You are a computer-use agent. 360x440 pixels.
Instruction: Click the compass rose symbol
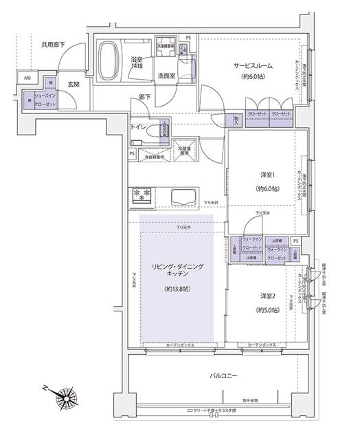pyautogui.click(x=67, y=397)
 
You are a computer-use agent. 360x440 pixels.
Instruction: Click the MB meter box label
pyautogui.click(x=27, y=78)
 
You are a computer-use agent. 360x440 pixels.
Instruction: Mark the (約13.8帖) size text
pyautogui.click(x=177, y=290)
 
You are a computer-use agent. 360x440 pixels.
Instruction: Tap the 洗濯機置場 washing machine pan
pyautogui.click(x=168, y=51)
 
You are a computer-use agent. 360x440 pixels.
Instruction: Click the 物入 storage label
pyautogui.click(x=236, y=120)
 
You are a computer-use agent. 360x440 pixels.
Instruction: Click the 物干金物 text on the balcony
pyautogui.click(x=250, y=400)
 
